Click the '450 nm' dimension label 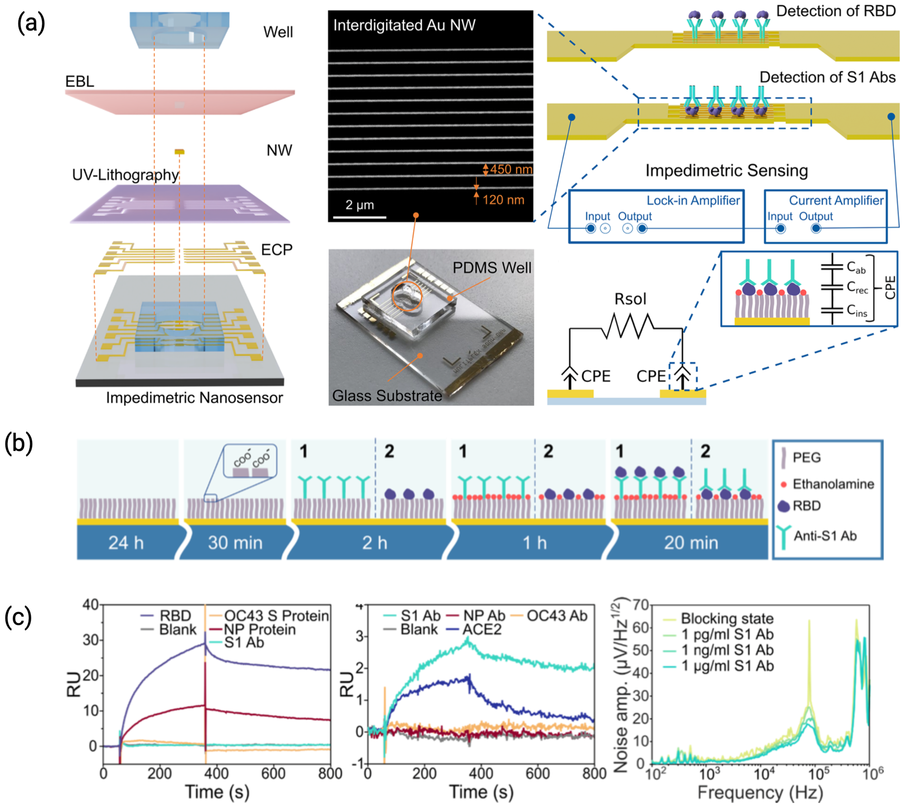[511, 169]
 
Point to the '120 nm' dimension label [503, 200]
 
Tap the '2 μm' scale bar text [359, 205]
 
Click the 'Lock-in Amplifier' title [693, 200]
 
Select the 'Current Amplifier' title [836, 200]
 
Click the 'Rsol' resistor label [630, 299]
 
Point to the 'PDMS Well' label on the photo [492, 268]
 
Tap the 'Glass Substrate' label [387, 395]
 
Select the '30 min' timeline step [235, 543]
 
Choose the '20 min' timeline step [691, 543]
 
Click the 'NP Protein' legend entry [259, 629]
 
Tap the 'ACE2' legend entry [482, 629]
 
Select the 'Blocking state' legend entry [727, 618]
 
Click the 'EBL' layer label [80, 82]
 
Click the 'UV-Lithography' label [126, 175]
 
